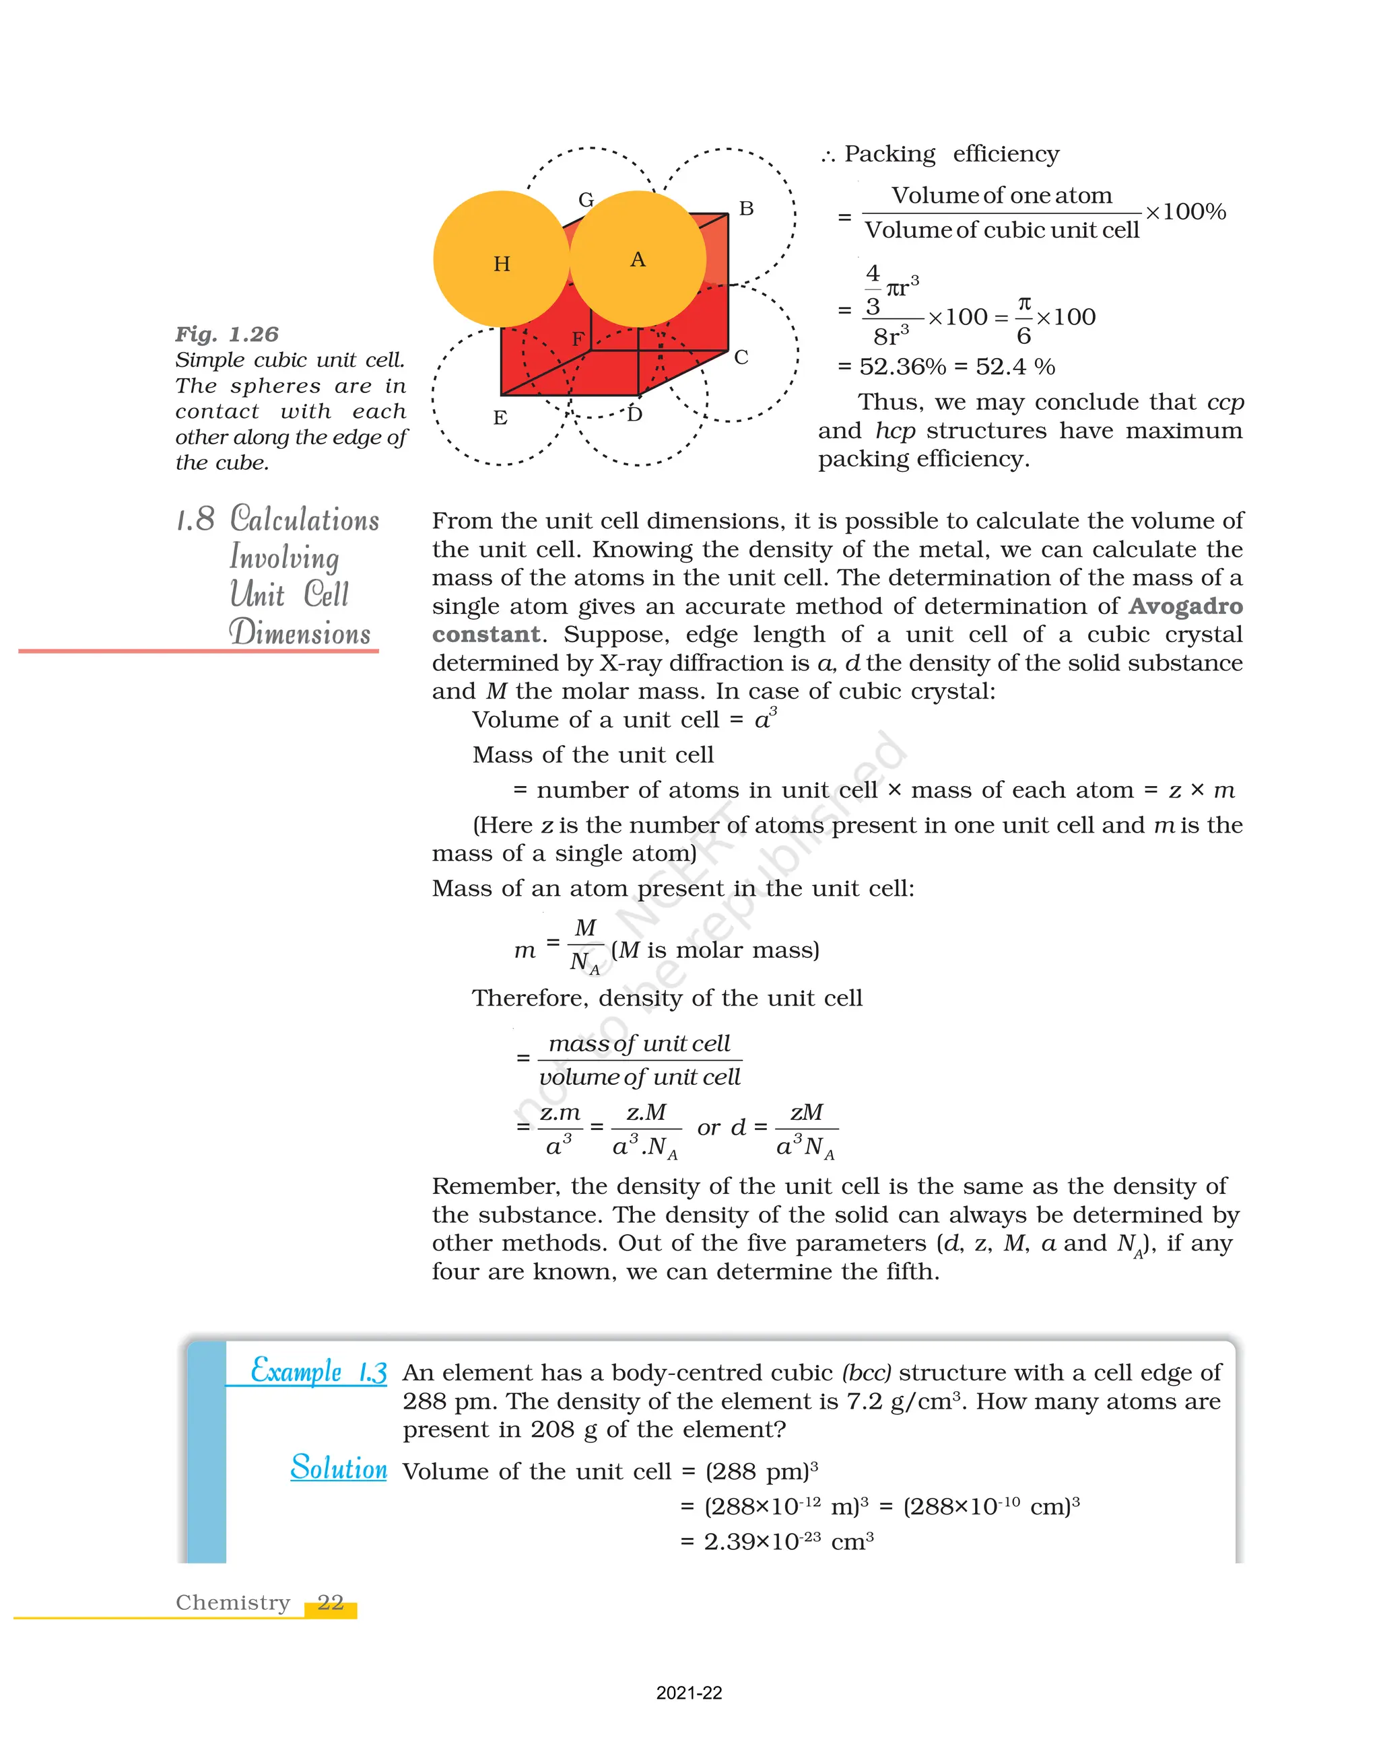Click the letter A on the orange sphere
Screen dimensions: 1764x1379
tap(638, 259)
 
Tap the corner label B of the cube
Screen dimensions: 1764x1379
tap(747, 209)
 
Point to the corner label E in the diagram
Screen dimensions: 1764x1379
tap(500, 417)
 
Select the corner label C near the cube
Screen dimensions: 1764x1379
tap(741, 357)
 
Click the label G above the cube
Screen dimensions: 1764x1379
tap(586, 199)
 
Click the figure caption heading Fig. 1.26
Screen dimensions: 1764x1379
tap(227, 334)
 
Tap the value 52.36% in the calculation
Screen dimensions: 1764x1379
tap(902, 367)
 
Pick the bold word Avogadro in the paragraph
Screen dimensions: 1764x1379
tap(1185, 606)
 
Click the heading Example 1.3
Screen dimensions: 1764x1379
tap(318, 1372)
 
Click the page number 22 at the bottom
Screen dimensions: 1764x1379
tap(331, 1602)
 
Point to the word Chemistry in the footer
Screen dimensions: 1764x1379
tap(233, 1602)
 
